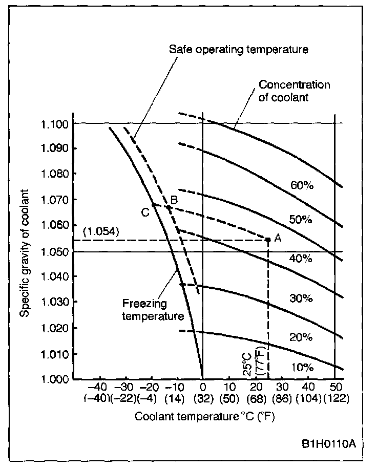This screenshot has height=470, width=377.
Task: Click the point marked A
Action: (268, 239)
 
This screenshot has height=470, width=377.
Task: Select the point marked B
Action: (169, 207)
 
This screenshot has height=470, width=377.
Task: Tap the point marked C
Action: (153, 205)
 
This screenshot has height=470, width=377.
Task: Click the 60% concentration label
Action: (302, 185)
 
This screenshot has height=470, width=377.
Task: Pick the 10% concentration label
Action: (302, 367)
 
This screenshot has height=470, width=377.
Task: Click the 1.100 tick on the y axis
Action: (54, 123)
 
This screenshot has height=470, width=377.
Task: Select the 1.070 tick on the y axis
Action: (54, 199)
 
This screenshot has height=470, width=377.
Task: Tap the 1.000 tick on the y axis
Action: (54, 379)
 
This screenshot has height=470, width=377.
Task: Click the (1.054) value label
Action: (100, 231)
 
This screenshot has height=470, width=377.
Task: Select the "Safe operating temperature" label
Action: (239, 50)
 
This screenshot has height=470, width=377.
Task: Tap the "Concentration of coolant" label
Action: (294, 91)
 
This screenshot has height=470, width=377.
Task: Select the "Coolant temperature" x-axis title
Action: (205, 416)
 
